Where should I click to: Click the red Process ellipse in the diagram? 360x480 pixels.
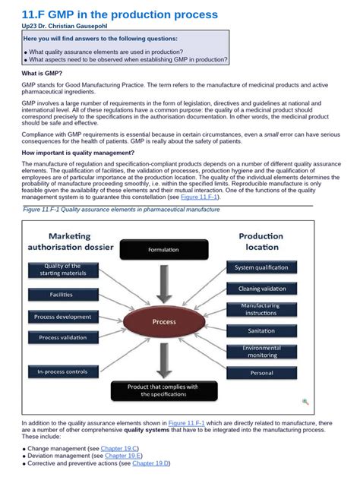pos(164,322)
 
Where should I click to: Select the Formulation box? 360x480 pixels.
pos(163,249)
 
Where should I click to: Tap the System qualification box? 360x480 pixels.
pos(261,267)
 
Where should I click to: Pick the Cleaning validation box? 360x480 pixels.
pos(261,289)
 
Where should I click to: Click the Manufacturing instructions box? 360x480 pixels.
pos(261,310)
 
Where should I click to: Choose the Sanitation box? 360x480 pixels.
pos(261,330)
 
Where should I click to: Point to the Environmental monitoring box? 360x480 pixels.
pos(261,352)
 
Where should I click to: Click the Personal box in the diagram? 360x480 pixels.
pos(261,373)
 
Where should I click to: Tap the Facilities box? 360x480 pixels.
pos(63,294)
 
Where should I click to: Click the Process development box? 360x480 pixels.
pos(63,317)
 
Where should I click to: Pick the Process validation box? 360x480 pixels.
pos(63,337)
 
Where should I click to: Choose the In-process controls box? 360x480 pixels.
pos(63,371)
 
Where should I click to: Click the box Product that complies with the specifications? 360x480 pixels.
pos(163,390)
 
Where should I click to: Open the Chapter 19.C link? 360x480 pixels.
pos(122,448)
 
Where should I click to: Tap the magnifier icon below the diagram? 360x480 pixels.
pos(305,402)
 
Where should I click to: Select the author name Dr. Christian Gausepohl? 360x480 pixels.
pos(74,25)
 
